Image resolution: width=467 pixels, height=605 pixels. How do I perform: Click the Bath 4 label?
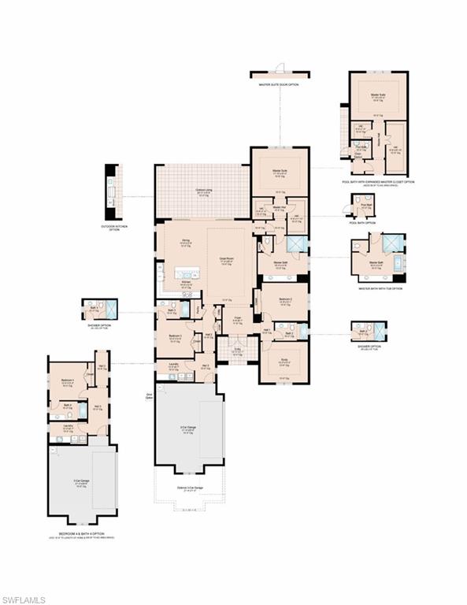67,406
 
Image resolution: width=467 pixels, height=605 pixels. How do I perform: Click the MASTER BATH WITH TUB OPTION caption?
380,288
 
